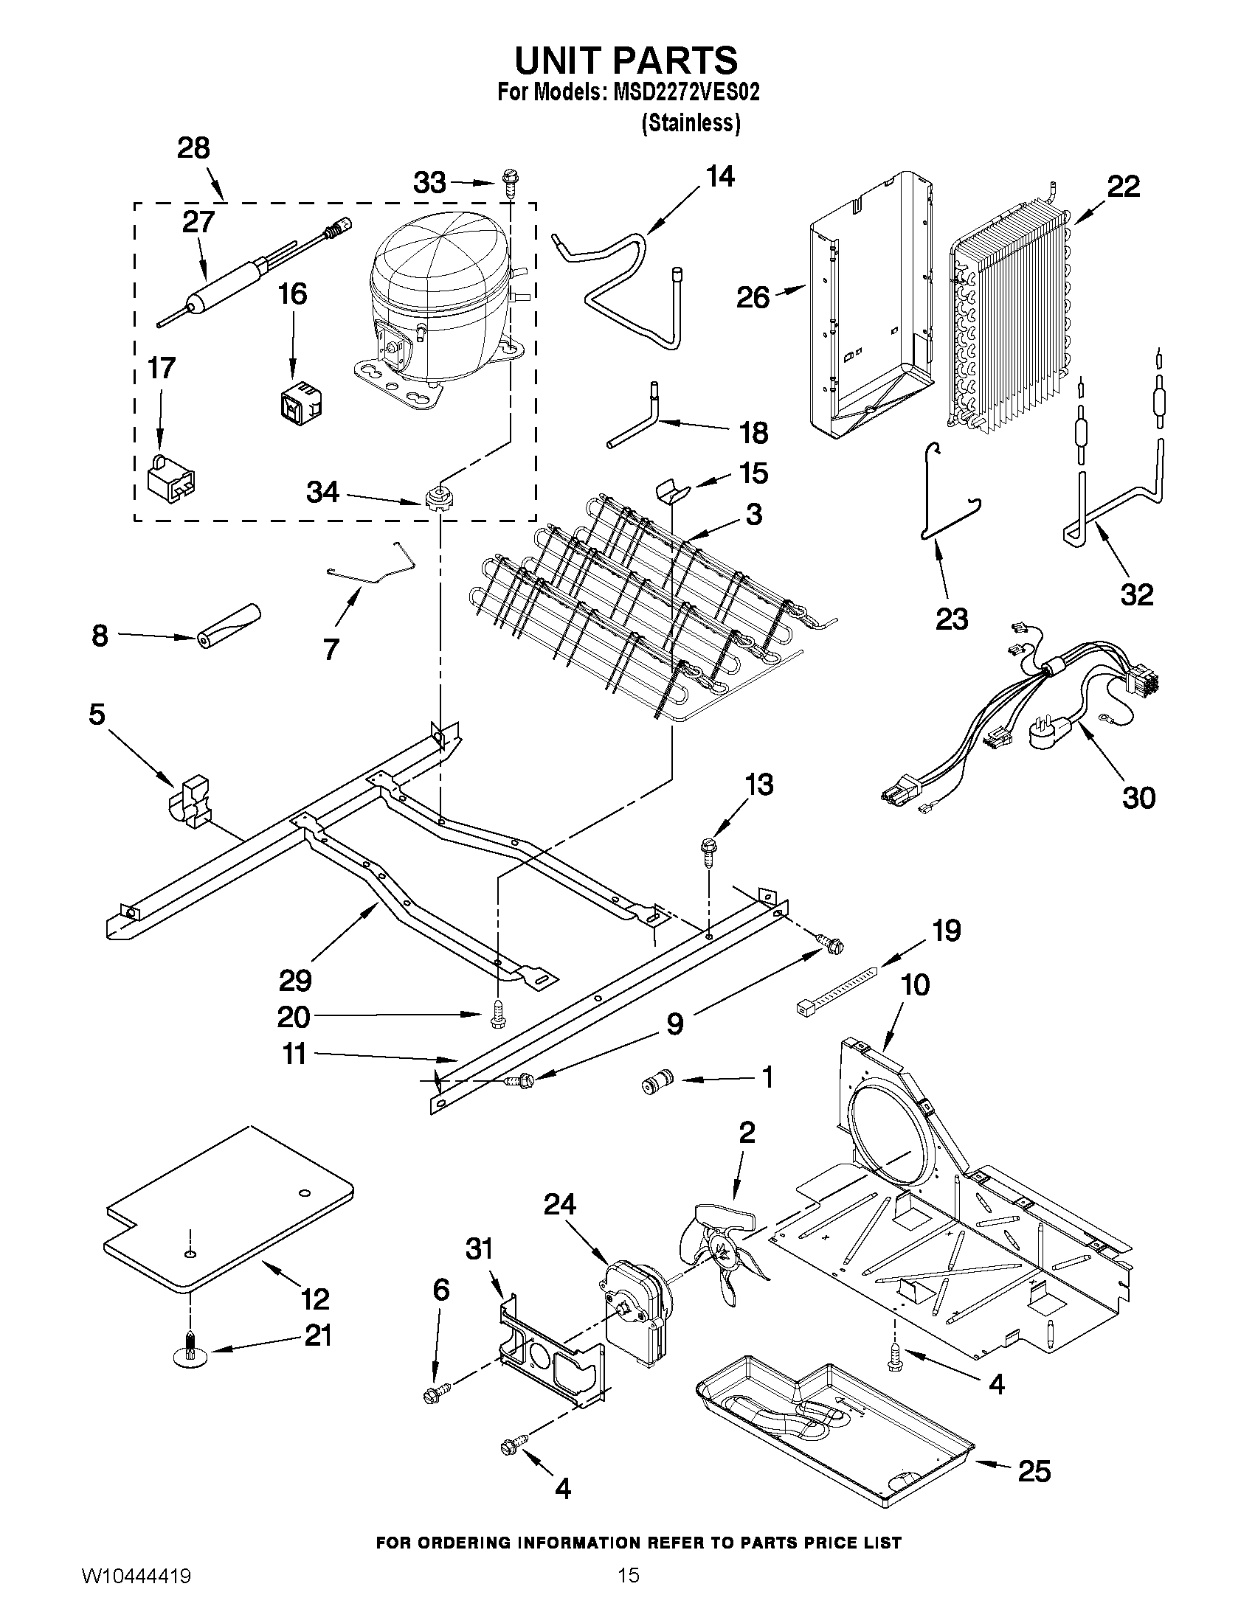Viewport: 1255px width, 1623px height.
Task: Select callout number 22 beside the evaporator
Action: tap(1123, 187)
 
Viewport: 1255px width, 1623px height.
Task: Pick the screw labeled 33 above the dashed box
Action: tap(511, 181)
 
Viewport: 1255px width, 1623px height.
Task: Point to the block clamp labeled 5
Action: tap(191, 802)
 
